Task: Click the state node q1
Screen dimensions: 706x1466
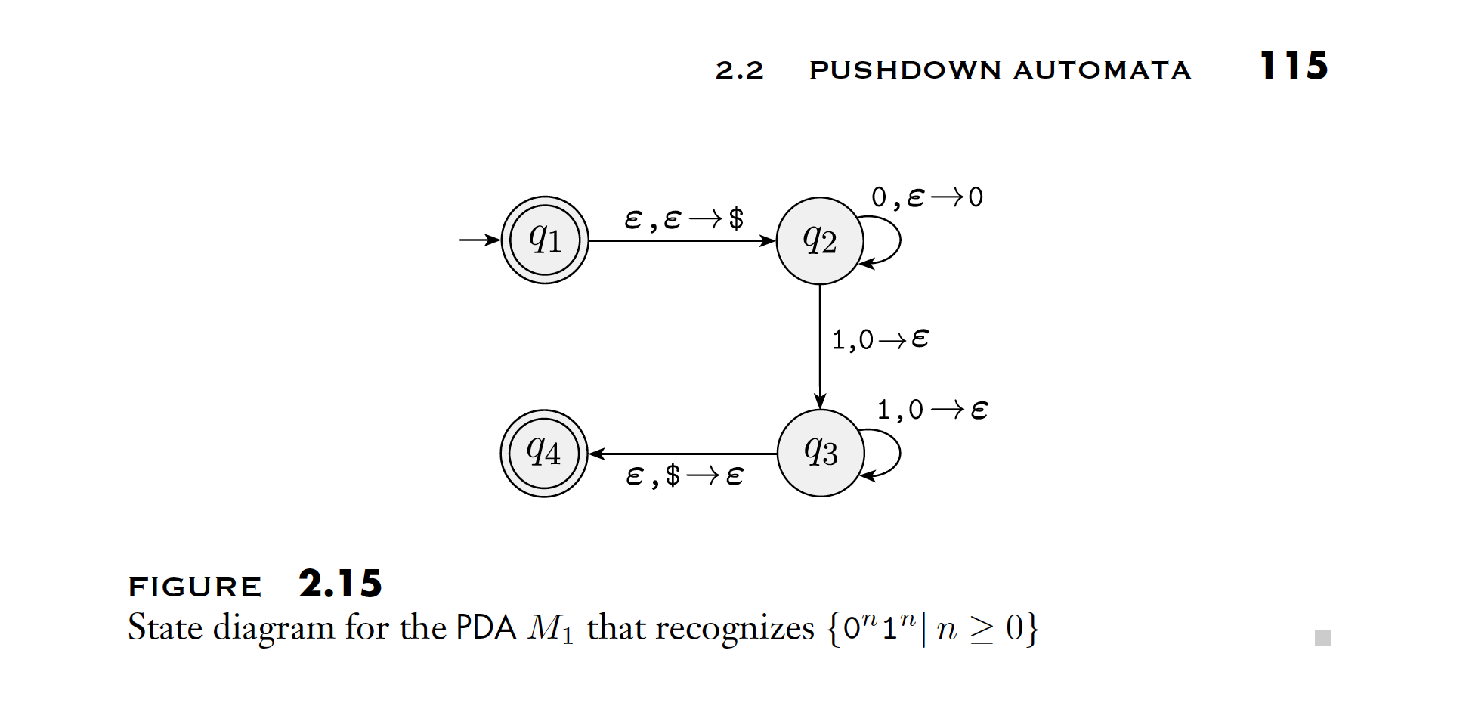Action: (545, 240)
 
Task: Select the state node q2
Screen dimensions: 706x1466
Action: (820, 240)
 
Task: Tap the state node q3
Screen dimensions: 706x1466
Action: (821, 453)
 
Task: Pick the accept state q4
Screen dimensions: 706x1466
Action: (544, 453)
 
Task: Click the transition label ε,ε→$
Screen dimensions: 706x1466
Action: (684, 219)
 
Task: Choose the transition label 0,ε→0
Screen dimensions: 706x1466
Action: (927, 197)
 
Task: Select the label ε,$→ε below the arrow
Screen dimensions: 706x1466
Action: (685, 476)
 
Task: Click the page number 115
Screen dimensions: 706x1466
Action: (1294, 66)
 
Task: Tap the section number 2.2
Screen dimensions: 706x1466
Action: (739, 70)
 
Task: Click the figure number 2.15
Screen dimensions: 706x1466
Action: (340, 584)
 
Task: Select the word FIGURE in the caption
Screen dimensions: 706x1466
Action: (195, 587)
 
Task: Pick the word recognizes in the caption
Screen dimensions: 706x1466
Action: (735, 628)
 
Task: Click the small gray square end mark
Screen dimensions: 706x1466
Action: (1322, 638)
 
